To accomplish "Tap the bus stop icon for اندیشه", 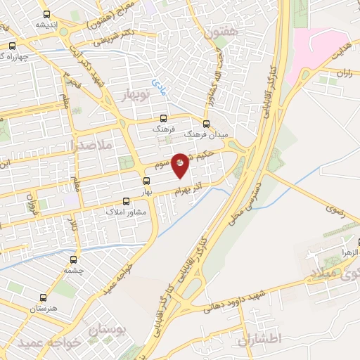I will [46, 14].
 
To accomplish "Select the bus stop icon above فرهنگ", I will [164, 119].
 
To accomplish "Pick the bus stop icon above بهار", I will [146, 181].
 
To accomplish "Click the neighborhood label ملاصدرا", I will [103, 145].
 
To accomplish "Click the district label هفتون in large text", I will [225, 32].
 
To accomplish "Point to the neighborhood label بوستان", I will [106, 328].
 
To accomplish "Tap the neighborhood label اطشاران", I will [260, 340].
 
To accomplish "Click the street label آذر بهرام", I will [191, 182].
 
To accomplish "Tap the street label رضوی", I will [336, 209].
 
